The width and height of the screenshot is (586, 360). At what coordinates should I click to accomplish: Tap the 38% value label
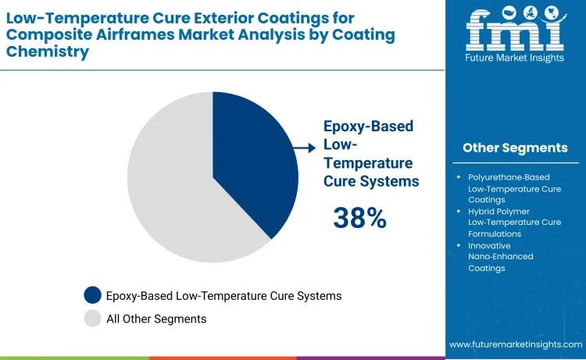point(359,218)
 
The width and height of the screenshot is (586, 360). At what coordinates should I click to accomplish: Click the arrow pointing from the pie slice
point(304,146)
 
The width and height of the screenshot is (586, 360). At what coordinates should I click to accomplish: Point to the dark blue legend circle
point(93,295)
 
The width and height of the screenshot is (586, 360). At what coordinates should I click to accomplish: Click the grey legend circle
point(93,318)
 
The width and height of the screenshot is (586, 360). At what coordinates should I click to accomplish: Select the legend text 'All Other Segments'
point(156,319)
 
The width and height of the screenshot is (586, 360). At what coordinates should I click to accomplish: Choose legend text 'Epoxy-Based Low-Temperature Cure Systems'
point(224,296)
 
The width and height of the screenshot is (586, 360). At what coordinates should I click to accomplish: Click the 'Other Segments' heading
point(515,148)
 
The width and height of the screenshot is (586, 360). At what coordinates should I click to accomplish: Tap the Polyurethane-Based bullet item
point(514,188)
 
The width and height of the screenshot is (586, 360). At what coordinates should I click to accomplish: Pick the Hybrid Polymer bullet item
point(514,223)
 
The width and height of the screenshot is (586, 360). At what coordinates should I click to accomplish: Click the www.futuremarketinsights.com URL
point(516,344)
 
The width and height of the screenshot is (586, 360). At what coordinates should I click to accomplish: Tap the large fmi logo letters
point(514,31)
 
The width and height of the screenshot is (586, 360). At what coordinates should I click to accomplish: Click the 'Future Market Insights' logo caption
point(514,60)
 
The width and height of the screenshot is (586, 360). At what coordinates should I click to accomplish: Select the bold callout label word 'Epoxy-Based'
point(368,127)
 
